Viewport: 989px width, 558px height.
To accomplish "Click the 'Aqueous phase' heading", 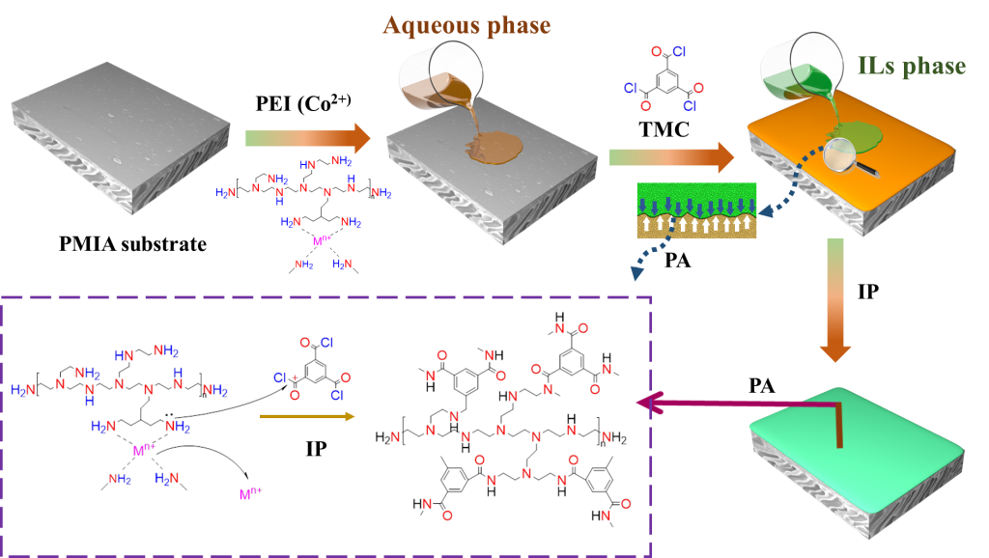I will point(466,24).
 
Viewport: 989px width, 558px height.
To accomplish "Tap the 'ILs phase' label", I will point(911,67).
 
